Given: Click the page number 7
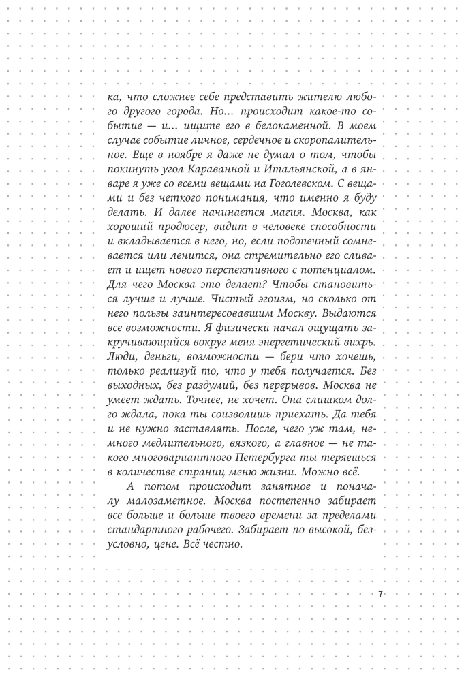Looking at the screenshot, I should (x=380, y=595).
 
